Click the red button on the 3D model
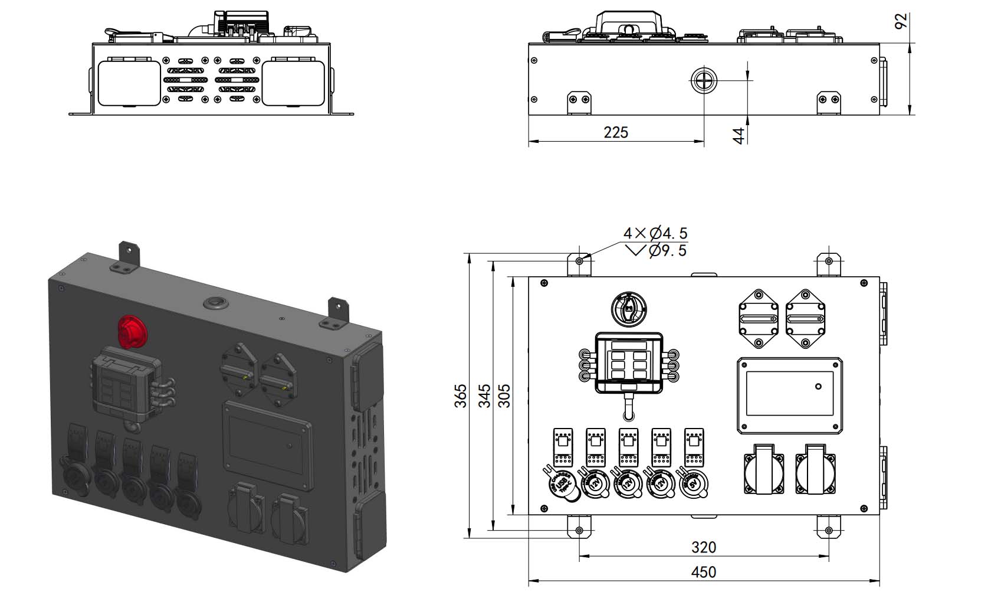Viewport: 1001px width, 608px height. (133, 331)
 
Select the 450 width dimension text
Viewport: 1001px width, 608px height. (703, 572)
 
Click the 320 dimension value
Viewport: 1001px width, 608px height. (703, 547)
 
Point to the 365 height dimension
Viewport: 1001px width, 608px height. (461, 395)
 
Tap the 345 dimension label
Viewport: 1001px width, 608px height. (484, 395)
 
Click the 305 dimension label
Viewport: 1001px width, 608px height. (505, 395)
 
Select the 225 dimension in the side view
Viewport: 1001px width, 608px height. (615, 132)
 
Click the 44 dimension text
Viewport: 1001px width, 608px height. (739, 135)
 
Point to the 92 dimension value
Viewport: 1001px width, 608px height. (901, 22)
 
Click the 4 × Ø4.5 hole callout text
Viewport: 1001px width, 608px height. (655, 233)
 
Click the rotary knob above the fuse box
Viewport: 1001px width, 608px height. (629, 308)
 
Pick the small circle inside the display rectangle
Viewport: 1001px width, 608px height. (818, 387)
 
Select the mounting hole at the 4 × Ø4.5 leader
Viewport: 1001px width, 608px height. (580, 261)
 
